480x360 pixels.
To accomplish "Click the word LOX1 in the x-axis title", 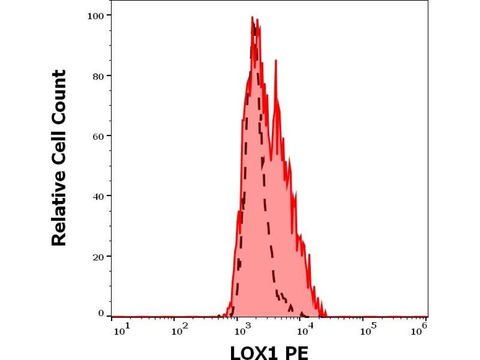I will [x=253, y=352].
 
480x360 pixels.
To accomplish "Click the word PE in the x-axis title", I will [x=296, y=352].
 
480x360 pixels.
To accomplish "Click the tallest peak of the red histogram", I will [x=252, y=17].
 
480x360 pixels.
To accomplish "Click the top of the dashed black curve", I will [x=256, y=26].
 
